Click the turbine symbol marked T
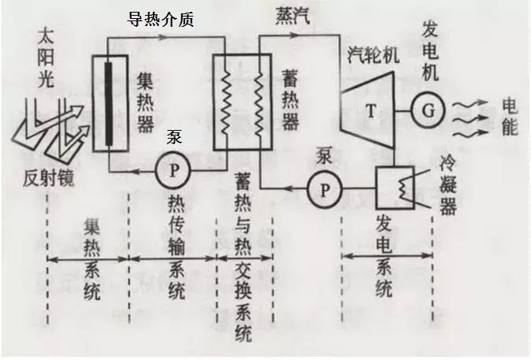(368, 110)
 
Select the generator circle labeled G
(429, 111)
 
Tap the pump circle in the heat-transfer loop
(173, 170)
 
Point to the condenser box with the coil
(395, 187)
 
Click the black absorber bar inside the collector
(109, 104)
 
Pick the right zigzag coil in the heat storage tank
(259, 104)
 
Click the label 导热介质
(160, 20)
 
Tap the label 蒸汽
(292, 16)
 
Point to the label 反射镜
(48, 178)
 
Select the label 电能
(510, 116)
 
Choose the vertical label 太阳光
(46, 58)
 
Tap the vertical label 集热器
(145, 102)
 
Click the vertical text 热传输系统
(176, 248)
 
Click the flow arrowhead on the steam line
(295, 35)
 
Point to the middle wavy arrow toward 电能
(470, 119)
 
